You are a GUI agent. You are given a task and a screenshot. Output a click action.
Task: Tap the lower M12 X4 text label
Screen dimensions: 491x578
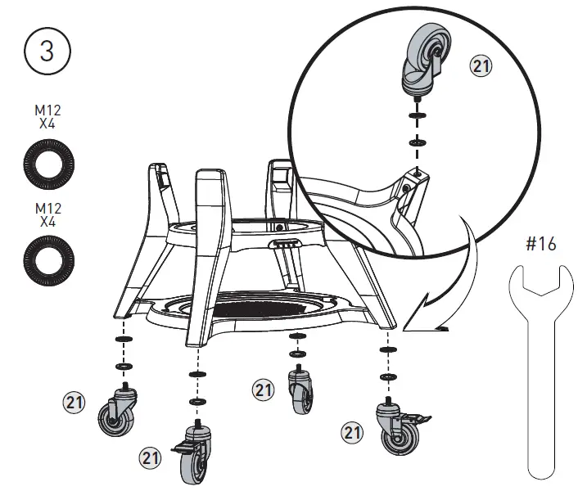(47, 214)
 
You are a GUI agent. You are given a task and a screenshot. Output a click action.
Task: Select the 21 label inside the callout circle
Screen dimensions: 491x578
(481, 67)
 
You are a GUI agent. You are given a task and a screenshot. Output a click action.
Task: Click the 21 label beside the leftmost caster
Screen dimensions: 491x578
(75, 402)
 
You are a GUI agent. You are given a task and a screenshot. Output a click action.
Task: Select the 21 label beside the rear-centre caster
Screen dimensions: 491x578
(262, 390)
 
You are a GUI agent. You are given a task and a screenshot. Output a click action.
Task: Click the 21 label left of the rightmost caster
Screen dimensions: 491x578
(352, 432)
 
